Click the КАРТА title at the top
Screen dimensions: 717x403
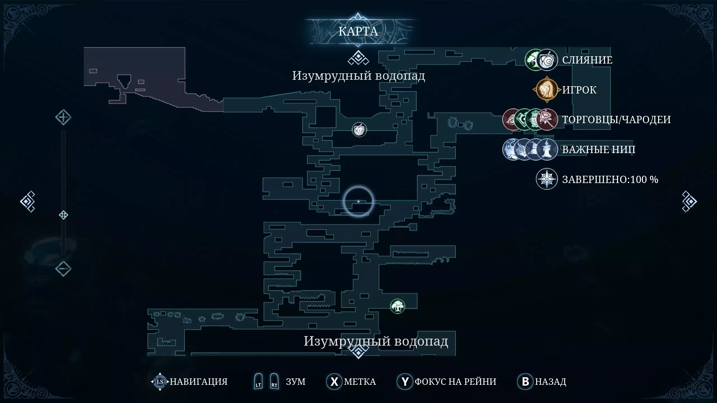(x=358, y=31)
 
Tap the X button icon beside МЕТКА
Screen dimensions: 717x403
(x=334, y=381)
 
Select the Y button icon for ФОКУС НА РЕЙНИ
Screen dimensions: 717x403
(x=405, y=381)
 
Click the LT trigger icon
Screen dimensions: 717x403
(x=258, y=381)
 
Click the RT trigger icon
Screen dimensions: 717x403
(x=274, y=381)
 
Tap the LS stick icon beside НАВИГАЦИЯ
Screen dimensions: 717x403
(x=160, y=381)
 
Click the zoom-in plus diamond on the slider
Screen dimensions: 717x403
(x=63, y=117)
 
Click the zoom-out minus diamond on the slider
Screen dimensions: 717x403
(x=63, y=269)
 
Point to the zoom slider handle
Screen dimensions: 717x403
(x=63, y=215)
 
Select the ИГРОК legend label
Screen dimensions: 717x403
(x=579, y=90)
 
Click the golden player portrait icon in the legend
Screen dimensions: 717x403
(x=547, y=90)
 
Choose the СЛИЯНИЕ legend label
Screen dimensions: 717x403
(x=587, y=60)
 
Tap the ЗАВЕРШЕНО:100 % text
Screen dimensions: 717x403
(x=610, y=179)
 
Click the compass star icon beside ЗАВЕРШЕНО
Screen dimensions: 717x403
(x=547, y=179)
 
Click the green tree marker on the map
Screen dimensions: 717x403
(x=397, y=306)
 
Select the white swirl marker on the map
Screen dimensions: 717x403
(x=359, y=130)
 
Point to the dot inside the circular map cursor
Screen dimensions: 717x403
(x=358, y=201)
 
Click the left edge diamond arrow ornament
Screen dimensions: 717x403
(x=27, y=201)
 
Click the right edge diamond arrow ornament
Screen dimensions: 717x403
(x=689, y=201)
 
